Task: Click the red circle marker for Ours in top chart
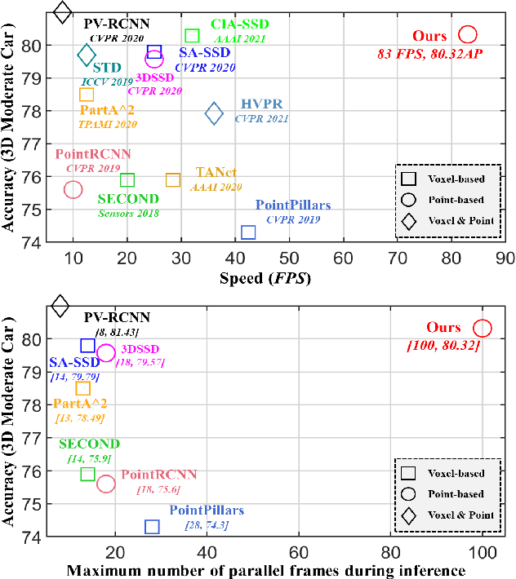tap(468, 34)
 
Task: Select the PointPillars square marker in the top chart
tap(248, 232)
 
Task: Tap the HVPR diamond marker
tap(214, 113)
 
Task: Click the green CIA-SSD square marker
tap(192, 35)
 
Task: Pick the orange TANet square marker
tap(173, 179)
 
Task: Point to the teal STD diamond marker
tap(87, 55)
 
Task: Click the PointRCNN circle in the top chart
tap(73, 189)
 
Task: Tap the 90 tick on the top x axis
tap(505, 258)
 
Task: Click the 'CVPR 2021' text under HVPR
tap(262, 119)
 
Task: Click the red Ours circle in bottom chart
tap(483, 328)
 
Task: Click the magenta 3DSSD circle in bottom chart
tap(106, 353)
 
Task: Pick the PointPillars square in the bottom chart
tap(152, 527)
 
